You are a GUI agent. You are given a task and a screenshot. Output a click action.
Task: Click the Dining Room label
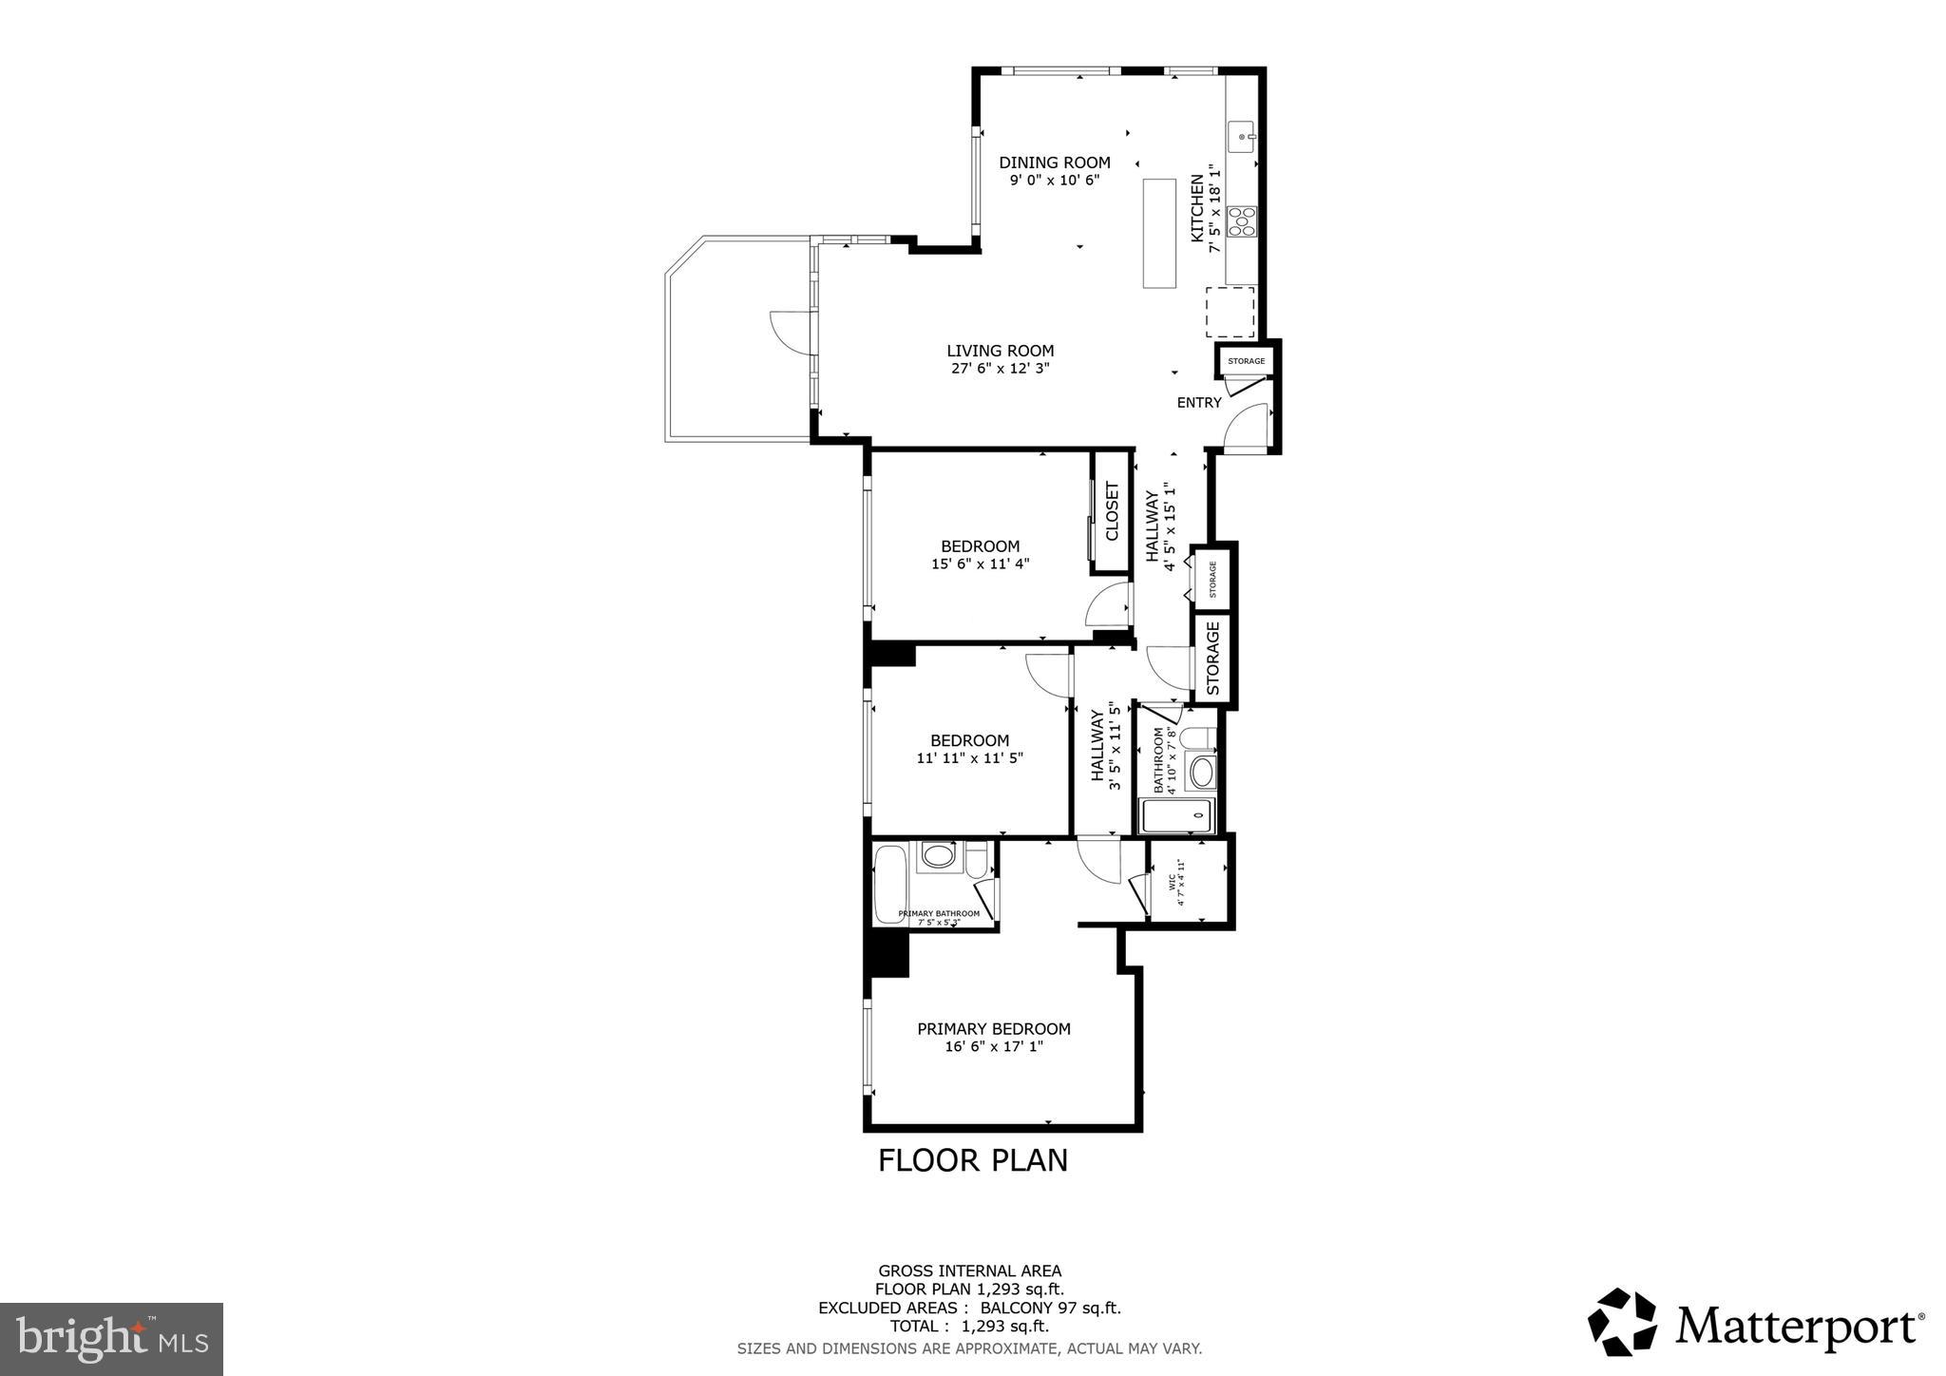[1054, 162]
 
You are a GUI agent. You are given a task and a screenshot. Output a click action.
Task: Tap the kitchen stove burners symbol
[1242, 221]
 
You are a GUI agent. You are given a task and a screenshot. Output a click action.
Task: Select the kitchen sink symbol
[1243, 137]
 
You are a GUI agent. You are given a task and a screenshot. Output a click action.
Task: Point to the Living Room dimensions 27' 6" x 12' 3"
[1000, 369]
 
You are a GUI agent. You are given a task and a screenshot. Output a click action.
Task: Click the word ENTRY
[1199, 403]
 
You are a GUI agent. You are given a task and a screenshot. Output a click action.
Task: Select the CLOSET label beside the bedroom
[1112, 511]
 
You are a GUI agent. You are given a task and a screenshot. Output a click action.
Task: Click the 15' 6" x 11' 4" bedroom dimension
[980, 564]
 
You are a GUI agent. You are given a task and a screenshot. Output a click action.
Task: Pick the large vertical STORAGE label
[1213, 658]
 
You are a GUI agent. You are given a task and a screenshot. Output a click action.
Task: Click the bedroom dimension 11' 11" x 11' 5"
[969, 758]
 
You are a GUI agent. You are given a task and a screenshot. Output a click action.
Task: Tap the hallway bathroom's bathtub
[1177, 815]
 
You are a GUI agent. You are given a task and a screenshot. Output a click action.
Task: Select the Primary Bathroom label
[939, 913]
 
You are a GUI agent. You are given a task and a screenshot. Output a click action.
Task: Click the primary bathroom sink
[939, 855]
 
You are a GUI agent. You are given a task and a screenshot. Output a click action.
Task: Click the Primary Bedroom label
[993, 1028]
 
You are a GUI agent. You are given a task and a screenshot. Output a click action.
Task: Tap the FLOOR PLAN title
[972, 1160]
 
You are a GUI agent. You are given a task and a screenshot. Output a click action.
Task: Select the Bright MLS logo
[111, 1340]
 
